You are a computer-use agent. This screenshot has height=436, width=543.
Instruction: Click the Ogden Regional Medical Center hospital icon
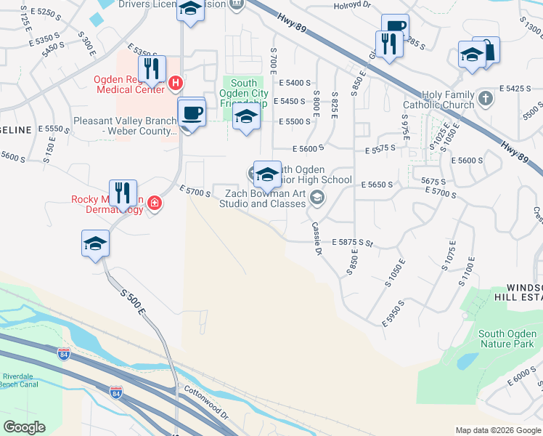[175, 84]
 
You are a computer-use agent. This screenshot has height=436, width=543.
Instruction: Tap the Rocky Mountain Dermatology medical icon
[155, 203]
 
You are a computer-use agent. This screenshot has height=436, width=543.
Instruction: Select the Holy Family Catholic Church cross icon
[486, 97]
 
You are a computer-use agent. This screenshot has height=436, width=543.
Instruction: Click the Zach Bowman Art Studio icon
[317, 197]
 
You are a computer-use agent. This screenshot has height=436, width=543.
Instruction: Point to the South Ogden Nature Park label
[507, 339]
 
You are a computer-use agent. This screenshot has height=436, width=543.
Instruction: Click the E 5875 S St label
[352, 241]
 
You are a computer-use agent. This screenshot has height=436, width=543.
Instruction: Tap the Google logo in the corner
[24, 427]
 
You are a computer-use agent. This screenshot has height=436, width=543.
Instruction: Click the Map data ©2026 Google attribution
[497, 430]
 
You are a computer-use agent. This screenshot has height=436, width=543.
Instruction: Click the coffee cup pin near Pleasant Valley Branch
[192, 113]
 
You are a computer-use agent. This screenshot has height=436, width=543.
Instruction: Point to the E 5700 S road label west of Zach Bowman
[195, 190]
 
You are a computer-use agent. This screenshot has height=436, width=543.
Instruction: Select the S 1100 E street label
[467, 272]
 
